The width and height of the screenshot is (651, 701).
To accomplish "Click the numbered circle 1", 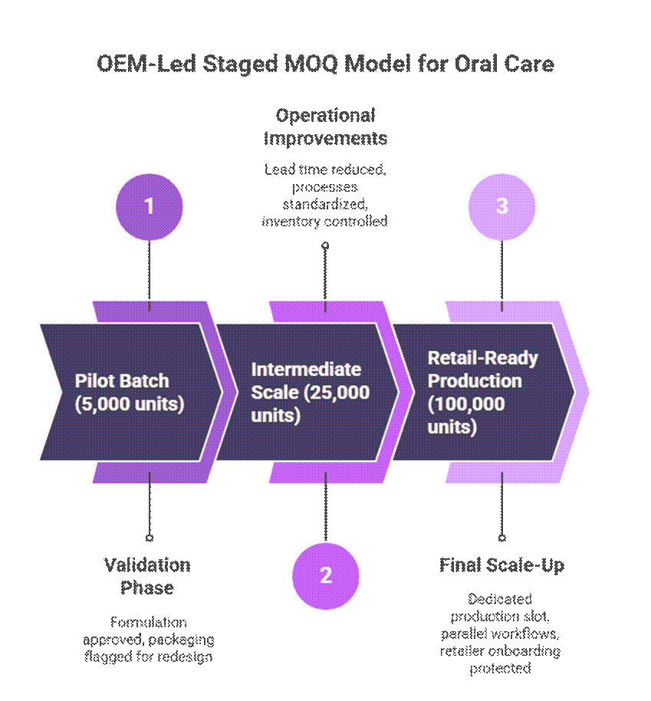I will [149, 207].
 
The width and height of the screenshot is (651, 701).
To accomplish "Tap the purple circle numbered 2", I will [325, 575].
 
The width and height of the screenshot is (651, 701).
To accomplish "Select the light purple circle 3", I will [501, 207].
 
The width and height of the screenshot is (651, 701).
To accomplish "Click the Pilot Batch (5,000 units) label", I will [130, 392].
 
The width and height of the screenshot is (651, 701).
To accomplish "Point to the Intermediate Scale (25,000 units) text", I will [311, 392].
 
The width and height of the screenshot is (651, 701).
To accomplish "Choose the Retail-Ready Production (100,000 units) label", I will [483, 392].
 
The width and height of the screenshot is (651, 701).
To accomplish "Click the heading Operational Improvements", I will [325, 127].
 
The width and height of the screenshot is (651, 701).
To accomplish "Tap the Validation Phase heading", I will [147, 576].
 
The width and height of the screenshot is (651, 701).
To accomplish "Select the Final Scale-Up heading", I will [501, 565].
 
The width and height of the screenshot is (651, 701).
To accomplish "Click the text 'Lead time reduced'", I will [325, 169].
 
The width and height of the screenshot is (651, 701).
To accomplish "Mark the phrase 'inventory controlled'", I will [325, 221].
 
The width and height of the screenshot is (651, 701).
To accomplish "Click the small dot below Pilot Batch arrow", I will [149, 538].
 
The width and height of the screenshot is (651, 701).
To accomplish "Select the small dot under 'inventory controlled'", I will [325, 245].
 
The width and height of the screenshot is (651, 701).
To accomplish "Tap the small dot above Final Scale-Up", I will [501, 538].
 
